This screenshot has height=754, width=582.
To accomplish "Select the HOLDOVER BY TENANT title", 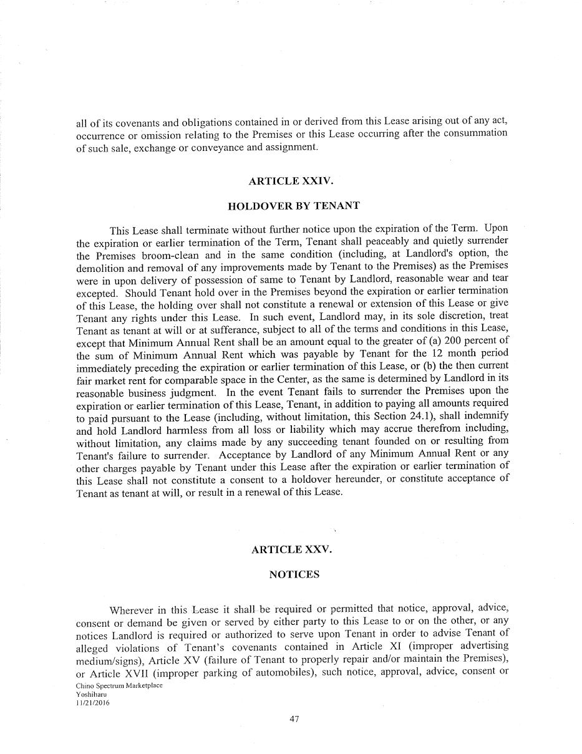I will (293, 206).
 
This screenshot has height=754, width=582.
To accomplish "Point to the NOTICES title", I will (294, 574).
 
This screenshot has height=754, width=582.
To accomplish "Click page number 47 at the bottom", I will (294, 718).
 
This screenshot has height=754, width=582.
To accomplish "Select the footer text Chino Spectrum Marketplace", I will (119, 685).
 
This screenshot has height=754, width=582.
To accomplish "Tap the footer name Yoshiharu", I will (91, 693).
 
